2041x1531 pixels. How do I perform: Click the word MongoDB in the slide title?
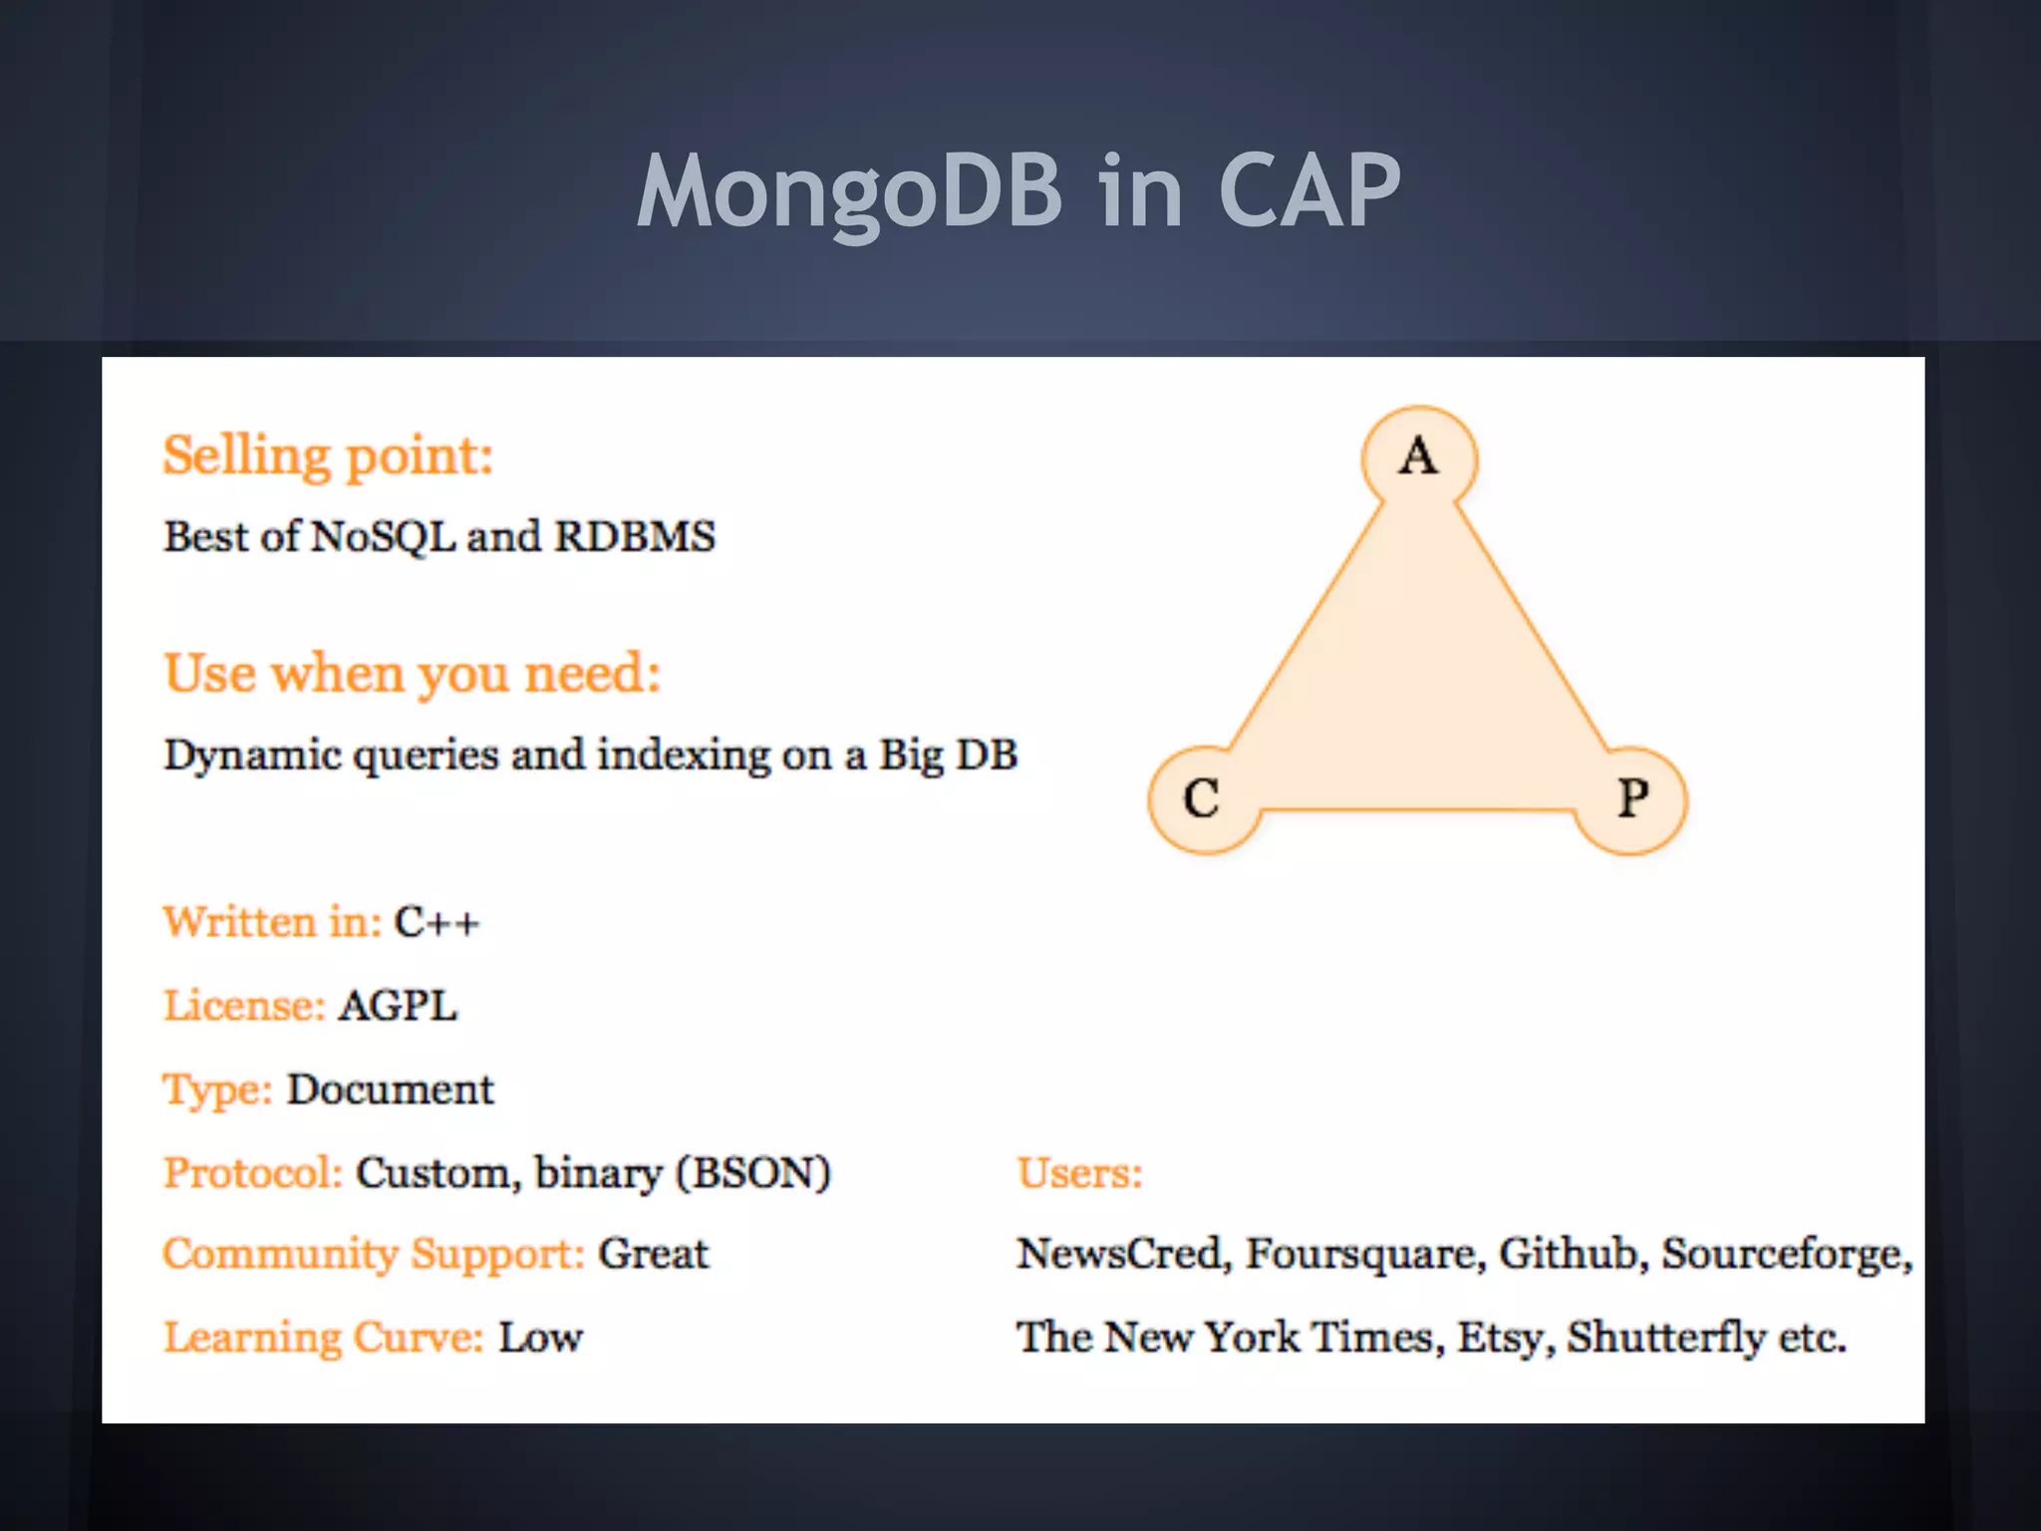pyautogui.click(x=850, y=191)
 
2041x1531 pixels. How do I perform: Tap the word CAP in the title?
pyautogui.click(x=1310, y=191)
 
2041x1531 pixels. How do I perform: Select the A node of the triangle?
pyautogui.click(x=1419, y=458)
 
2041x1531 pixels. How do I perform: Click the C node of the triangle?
pyautogui.click(x=1202, y=799)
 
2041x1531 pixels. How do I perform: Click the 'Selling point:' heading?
pyautogui.click(x=328, y=457)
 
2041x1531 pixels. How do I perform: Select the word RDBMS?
pyautogui.click(x=635, y=536)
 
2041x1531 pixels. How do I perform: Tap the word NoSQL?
pyautogui.click(x=383, y=536)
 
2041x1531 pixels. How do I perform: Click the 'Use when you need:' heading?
pyautogui.click(x=412, y=673)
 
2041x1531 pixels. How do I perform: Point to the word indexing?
pyautogui.click(x=684, y=755)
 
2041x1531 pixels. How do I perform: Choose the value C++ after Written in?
pyautogui.click(x=437, y=922)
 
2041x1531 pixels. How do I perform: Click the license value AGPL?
pyautogui.click(x=398, y=1005)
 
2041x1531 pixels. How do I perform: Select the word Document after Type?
pyautogui.click(x=390, y=1089)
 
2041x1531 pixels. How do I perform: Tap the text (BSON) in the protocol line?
pyautogui.click(x=753, y=1173)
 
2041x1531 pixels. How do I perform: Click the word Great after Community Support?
pyautogui.click(x=653, y=1254)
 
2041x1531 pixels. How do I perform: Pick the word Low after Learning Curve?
pyautogui.click(x=540, y=1338)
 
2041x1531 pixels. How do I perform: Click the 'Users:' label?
pyautogui.click(x=1079, y=1173)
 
